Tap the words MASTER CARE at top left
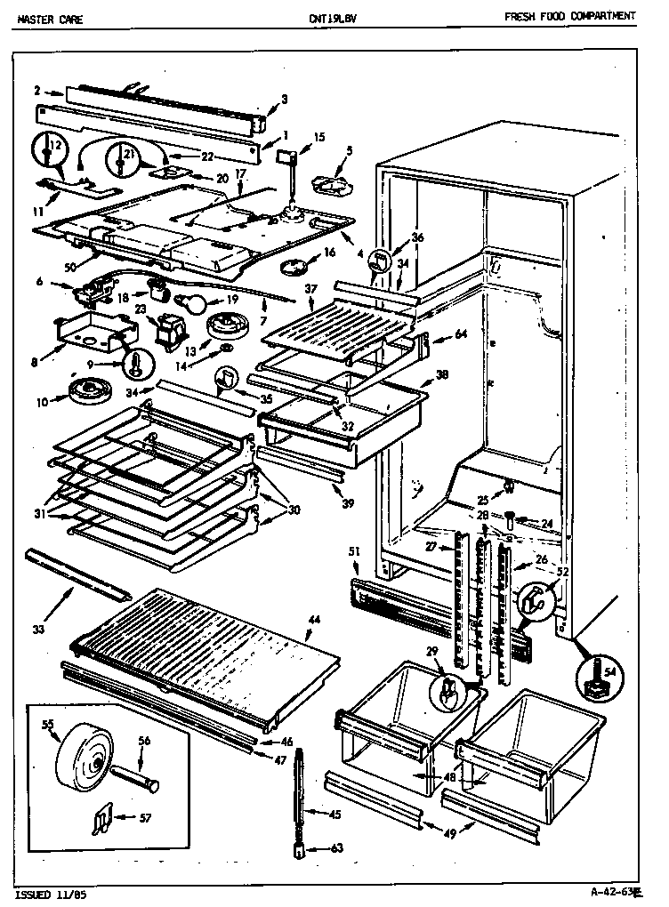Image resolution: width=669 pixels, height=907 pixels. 50,17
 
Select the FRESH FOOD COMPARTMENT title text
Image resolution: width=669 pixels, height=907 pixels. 569,16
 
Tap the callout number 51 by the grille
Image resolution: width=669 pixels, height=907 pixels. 353,552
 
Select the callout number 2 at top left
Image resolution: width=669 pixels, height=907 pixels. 36,89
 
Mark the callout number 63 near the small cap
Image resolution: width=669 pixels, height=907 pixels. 336,847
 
